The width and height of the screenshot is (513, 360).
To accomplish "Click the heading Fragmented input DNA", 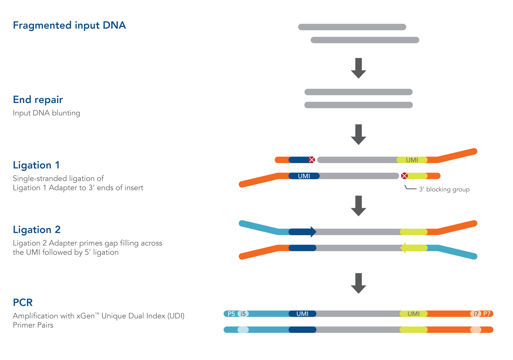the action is click(x=69, y=25).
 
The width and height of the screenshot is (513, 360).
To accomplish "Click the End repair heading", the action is click(x=38, y=100).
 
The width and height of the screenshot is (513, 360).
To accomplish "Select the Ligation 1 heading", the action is click(x=36, y=165).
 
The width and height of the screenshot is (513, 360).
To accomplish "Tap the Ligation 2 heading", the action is click(x=37, y=230).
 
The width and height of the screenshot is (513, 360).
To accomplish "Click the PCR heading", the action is click(x=23, y=303).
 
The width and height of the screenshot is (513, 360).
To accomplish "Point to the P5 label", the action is click(x=231, y=314).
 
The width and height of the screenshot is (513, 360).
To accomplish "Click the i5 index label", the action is click(x=243, y=314).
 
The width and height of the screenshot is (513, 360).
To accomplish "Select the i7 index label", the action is click(x=476, y=314).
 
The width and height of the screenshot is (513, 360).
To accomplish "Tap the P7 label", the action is click(x=487, y=314).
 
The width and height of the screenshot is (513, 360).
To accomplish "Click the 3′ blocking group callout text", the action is click(x=444, y=189).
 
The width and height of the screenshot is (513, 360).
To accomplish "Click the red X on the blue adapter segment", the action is click(x=312, y=160).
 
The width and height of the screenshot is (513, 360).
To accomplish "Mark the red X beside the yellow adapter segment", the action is click(x=404, y=176).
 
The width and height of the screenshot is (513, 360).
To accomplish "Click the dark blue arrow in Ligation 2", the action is click(x=302, y=232).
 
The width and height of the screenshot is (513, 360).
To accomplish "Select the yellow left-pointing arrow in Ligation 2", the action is click(x=414, y=248).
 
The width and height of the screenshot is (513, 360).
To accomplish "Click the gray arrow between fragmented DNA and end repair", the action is click(x=358, y=68).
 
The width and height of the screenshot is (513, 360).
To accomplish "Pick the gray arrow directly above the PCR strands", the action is click(x=358, y=283).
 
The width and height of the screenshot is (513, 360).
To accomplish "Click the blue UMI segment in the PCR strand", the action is click(x=302, y=314).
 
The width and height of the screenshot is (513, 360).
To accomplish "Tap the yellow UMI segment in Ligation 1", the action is click(x=412, y=160).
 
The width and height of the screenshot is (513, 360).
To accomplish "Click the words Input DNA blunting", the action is click(x=46, y=113).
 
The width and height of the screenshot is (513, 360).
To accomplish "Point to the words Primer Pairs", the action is click(x=33, y=325).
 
